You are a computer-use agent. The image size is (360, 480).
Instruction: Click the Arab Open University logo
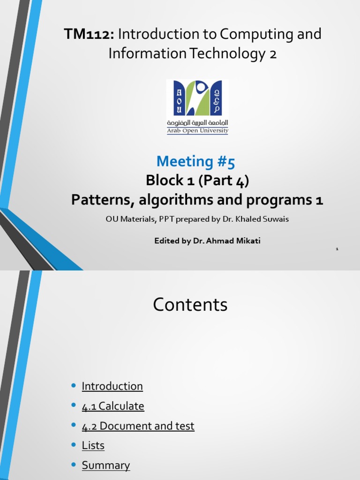click(x=197, y=98)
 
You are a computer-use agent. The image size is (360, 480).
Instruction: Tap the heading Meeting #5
click(x=195, y=161)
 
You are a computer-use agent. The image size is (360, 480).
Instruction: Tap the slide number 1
click(x=337, y=249)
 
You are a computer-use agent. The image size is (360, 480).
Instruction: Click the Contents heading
click(x=190, y=305)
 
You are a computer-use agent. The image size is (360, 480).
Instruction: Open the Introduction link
click(x=112, y=386)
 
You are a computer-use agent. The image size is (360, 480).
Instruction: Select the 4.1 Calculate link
click(x=113, y=406)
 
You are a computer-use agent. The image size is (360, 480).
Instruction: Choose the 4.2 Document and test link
click(x=138, y=426)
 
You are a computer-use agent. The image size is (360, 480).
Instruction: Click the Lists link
click(x=93, y=446)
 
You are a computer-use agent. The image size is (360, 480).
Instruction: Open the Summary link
click(x=105, y=465)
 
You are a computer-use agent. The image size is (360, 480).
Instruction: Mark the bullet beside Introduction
click(x=73, y=386)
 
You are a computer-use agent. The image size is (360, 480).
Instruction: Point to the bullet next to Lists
click(x=73, y=445)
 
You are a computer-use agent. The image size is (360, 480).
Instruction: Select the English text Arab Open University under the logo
click(x=197, y=131)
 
